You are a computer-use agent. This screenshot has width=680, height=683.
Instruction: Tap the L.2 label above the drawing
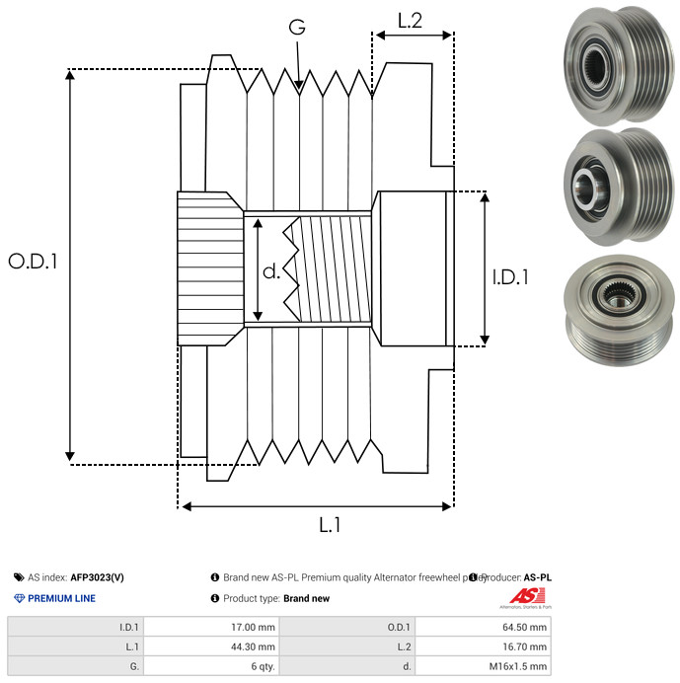click(x=410, y=20)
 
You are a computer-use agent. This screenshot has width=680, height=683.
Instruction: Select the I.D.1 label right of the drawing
click(x=511, y=277)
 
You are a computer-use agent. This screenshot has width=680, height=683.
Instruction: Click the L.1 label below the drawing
click(x=330, y=525)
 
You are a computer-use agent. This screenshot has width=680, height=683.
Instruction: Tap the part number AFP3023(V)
click(x=97, y=577)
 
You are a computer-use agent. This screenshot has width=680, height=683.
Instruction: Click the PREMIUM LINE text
click(x=61, y=598)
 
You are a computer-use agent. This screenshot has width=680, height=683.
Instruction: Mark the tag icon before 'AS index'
click(x=19, y=577)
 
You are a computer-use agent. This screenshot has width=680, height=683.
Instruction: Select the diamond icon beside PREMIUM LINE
click(x=19, y=598)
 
